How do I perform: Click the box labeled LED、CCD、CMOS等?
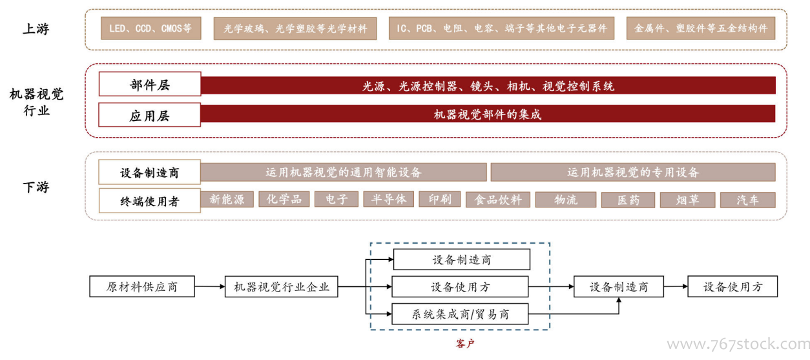[151, 28]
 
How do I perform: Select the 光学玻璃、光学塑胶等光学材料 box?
[295, 28]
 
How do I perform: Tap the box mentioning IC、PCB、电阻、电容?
[501, 28]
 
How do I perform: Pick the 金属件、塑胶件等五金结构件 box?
[701, 28]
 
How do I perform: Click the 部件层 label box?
[150, 84]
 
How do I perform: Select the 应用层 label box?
[150, 114]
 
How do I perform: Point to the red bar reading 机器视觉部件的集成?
[488, 114]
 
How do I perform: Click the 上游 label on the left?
[36, 28]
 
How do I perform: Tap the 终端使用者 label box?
[150, 200]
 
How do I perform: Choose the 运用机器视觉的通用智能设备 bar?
[344, 172]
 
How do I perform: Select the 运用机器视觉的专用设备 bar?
[633, 172]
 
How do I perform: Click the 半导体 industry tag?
[389, 199]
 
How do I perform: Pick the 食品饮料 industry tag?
[498, 200]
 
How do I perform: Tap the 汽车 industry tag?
[748, 200]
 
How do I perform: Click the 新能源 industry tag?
[227, 199]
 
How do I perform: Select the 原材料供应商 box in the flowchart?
[142, 286]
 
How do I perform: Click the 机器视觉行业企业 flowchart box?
[282, 286]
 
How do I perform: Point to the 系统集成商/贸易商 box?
[460, 314]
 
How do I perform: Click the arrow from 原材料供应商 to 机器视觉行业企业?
[210, 286]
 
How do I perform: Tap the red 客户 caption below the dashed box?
[464, 343]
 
